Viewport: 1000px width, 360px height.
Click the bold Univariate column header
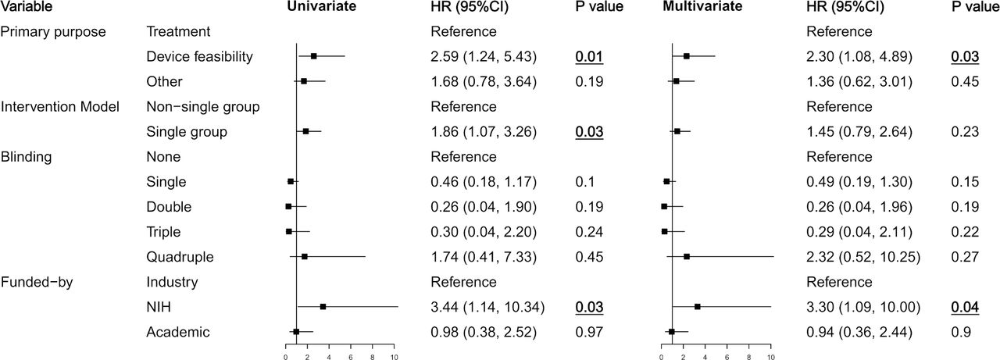tap(321, 6)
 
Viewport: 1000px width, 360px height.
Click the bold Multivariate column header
tap(702, 6)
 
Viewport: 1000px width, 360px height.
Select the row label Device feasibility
tap(199, 57)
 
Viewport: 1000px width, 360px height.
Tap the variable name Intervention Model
tap(60, 107)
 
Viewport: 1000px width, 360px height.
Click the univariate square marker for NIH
tap(323, 306)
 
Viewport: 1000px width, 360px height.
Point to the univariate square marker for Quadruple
tap(305, 256)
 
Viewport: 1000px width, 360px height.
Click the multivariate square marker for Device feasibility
tap(687, 56)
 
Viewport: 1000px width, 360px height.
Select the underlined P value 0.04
tap(965, 308)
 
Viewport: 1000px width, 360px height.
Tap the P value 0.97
tap(589, 332)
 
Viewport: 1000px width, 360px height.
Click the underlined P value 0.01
tap(589, 57)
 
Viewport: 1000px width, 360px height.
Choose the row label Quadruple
tap(180, 257)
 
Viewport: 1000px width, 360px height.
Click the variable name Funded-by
tap(37, 282)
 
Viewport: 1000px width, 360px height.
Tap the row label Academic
tap(177, 332)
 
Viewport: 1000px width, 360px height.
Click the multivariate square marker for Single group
tap(677, 131)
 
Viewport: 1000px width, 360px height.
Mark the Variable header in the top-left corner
tap(27, 6)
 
